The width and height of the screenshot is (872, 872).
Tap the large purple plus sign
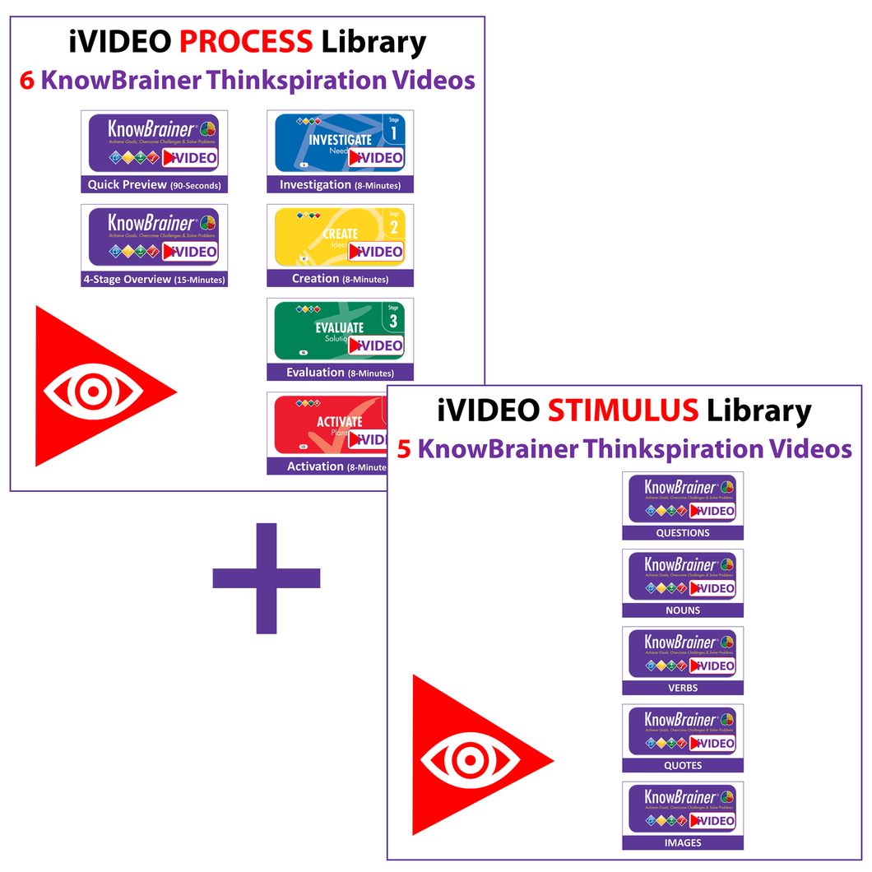[x=267, y=578]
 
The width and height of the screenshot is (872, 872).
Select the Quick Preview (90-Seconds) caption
[x=155, y=185]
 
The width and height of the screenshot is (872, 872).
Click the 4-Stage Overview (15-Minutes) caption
[x=155, y=279]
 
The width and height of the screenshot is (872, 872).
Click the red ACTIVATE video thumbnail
[x=326, y=424]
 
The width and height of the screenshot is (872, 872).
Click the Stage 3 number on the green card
[x=393, y=320]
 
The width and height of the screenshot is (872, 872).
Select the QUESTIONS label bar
[x=683, y=533]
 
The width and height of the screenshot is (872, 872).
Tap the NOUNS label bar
[x=683, y=610]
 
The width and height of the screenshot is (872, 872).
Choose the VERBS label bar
[x=683, y=688]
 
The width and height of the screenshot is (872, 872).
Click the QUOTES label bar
[x=683, y=765]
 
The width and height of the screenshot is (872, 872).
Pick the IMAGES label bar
[x=683, y=842]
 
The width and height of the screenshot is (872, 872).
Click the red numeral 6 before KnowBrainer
[x=26, y=81]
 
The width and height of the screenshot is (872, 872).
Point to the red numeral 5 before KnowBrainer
[x=404, y=449]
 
